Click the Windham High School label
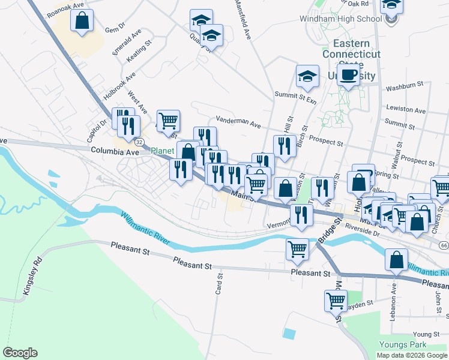[x=340, y=19]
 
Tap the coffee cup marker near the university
[x=348, y=75]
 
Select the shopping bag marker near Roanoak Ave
[x=82, y=20]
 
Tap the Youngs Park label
[x=402, y=344]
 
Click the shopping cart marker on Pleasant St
[x=298, y=248]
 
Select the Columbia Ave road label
[x=115, y=152]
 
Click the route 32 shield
[x=139, y=142]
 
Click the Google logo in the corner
[x=20, y=353]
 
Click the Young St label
[x=427, y=334]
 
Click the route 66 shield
[x=443, y=245]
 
